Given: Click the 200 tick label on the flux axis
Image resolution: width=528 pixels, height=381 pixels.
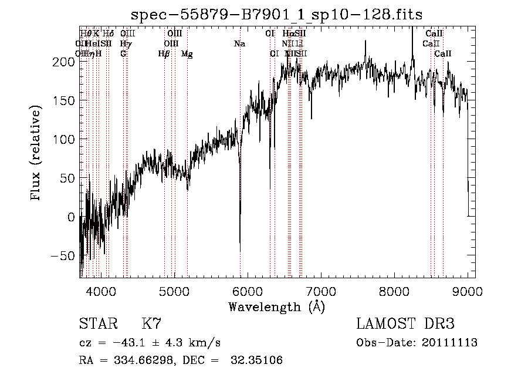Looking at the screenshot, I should click(65, 62).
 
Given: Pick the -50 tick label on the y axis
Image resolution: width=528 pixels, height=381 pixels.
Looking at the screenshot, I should click(63, 256).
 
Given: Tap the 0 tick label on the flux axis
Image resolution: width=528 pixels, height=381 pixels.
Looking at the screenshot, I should click(71, 217).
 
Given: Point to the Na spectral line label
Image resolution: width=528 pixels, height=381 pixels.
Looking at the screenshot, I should click(239, 44).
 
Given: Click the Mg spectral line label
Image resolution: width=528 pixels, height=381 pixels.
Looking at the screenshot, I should click(187, 54).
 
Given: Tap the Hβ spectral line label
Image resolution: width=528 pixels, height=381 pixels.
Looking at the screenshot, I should click(164, 54).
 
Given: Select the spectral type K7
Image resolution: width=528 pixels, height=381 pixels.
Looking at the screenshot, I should click(151, 323).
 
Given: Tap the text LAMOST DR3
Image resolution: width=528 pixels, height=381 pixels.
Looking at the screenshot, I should click(405, 323).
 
